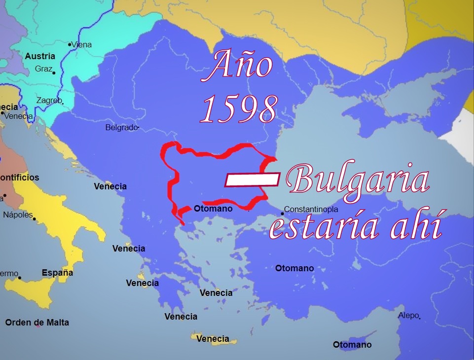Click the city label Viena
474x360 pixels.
pos(82,44)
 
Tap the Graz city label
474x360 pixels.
pos(43,69)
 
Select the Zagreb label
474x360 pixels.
pos(49,101)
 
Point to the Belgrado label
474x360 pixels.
pos(121,128)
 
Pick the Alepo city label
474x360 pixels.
pos(409,315)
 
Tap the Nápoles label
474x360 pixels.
pos(18,215)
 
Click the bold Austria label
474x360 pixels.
pos(40,56)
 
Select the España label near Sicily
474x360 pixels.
pos(57,273)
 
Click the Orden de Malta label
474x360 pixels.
pos(37,323)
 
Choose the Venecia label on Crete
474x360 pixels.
pos(213,339)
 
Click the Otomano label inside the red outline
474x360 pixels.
pos(213,209)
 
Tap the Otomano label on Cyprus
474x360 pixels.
pos(352,345)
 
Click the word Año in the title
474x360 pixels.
pos(240,66)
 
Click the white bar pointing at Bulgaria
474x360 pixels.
pos(253,180)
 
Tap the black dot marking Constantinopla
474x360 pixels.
pos(282,214)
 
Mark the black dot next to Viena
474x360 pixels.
pos(70,44)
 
